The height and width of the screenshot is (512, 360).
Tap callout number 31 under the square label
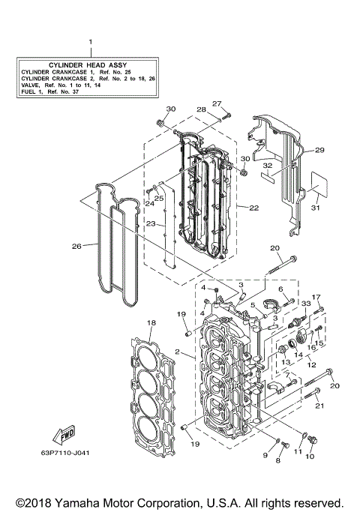click(315, 208)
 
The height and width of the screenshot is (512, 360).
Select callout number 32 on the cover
click(267, 165)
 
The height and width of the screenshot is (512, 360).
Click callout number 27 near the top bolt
click(217, 103)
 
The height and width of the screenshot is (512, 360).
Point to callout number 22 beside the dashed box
click(253, 208)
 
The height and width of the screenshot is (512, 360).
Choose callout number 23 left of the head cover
click(151, 223)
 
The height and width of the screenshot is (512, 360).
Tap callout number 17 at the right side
click(316, 298)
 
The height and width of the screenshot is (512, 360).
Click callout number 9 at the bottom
click(265, 455)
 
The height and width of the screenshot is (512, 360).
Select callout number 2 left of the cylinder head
click(177, 352)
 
